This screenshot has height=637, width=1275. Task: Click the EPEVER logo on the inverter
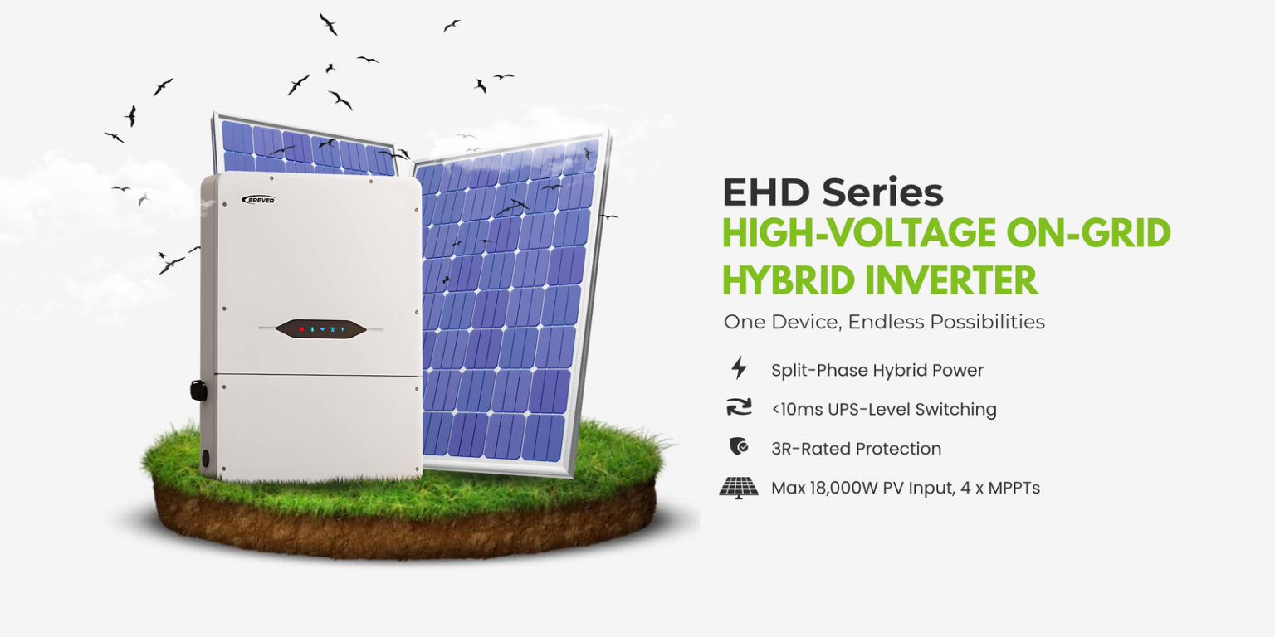pos(258,200)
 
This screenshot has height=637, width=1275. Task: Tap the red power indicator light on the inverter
pos(302,329)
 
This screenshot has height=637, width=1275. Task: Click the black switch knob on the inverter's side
pos(198,390)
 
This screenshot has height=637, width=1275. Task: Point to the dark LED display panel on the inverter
pos(320,329)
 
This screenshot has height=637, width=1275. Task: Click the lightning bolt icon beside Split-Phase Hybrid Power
pos(738,368)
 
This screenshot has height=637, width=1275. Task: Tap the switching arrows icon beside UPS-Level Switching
pos(738,408)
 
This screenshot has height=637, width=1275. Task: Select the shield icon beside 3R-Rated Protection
pos(738,448)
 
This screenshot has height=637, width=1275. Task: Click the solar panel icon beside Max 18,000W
pos(738,487)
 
